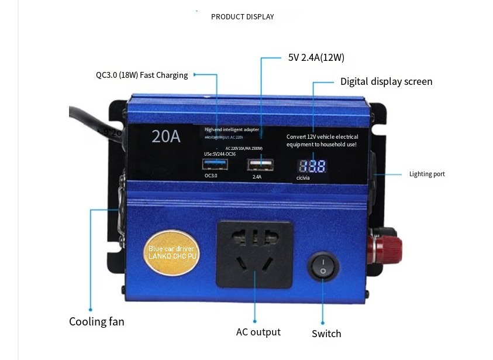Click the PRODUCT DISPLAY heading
[x=242, y=16]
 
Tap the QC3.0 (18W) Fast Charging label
[x=142, y=75]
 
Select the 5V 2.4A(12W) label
[x=316, y=57]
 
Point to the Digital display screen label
[x=386, y=81]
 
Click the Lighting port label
[x=427, y=174]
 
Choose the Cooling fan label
[x=96, y=321]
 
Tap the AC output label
[x=258, y=332]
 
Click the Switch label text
[x=326, y=334]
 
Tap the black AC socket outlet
[x=254, y=253]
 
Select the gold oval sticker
[x=173, y=253]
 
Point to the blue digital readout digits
[x=312, y=166]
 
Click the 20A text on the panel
[x=166, y=136]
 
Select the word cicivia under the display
[x=303, y=178]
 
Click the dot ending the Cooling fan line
[x=91, y=310]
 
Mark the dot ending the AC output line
[x=255, y=321]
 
